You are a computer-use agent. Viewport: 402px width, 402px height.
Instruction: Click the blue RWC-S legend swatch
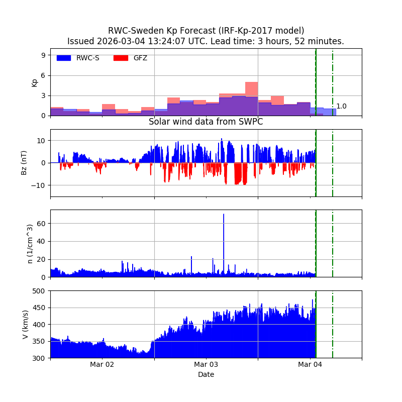tap(64, 58)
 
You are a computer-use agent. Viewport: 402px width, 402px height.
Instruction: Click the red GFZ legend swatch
tap(121, 58)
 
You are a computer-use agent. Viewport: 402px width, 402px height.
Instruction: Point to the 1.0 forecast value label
tap(341, 107)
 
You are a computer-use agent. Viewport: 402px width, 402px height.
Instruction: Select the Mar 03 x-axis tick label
tap(206, 364)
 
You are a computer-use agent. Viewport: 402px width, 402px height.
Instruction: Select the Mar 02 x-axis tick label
tap(102, 364)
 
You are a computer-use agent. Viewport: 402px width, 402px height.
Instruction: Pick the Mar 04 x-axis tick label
tap(310, 364)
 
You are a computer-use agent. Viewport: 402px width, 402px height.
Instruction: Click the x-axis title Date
tap(206, 374)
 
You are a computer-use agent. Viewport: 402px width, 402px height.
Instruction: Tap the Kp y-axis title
tap(35, 82)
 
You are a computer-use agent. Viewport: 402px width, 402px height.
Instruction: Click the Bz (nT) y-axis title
tap(24, 163)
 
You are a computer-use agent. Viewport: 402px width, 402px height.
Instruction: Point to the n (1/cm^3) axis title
tap(30, 244)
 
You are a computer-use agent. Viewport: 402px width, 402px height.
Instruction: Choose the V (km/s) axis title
tap(26, 324)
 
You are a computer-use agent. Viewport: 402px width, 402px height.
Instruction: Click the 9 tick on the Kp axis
tap(44, 55)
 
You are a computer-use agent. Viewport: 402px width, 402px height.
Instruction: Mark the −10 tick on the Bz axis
tap(40, 185)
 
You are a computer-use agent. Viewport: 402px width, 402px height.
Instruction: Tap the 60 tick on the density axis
tap(42, 223)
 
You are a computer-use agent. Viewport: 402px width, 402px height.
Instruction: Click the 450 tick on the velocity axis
tap(40, 308)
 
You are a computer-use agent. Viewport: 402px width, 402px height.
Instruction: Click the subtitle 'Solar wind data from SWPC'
tap(206, 122)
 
